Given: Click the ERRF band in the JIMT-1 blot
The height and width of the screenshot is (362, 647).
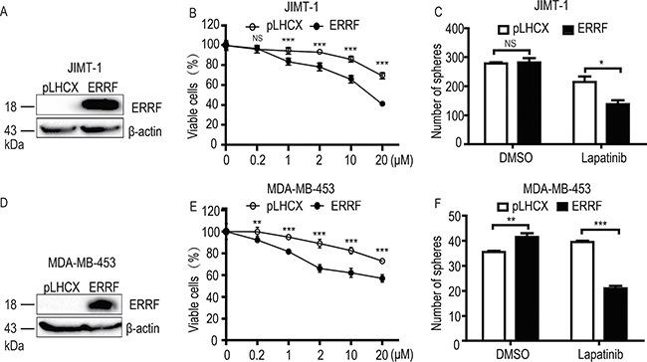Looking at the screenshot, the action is click(103, 104).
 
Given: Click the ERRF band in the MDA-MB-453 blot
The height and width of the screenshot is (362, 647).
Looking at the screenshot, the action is click(102, 305).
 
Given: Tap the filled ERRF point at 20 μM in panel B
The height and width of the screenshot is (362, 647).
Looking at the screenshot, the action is click(382, 103).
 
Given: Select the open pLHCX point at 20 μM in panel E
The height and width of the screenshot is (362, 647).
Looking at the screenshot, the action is click(382, 261).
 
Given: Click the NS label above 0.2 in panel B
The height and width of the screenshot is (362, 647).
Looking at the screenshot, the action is click(258, 39).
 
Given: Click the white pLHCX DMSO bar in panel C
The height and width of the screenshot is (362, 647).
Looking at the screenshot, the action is click(497, 103).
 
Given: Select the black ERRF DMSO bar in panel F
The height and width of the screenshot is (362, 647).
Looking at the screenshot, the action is click(527, 288).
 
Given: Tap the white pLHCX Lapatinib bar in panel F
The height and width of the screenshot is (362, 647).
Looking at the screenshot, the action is click(582, 291).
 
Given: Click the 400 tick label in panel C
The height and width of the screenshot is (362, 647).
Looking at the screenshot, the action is click(455, 30).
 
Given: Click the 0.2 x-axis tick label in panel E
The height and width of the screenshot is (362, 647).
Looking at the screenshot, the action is click(258, 355).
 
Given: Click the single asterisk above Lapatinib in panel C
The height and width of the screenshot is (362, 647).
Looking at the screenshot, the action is click(602, 63).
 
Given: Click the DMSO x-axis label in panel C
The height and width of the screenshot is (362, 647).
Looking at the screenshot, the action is click(511, 158).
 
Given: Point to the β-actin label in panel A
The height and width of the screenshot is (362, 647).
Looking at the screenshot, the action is click(145, 131).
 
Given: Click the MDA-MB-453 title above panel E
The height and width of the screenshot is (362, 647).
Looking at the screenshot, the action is click(302, 189).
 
